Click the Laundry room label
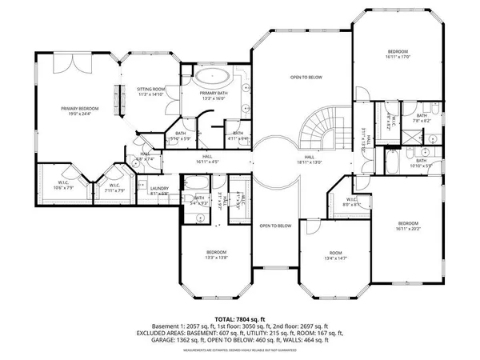159,190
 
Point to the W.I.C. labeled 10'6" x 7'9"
58,186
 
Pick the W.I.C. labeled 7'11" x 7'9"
109,186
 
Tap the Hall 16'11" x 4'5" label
207,158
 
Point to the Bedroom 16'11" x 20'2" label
408,225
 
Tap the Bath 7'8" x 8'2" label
422,118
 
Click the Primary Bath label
213,95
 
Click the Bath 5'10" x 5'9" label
181,136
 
